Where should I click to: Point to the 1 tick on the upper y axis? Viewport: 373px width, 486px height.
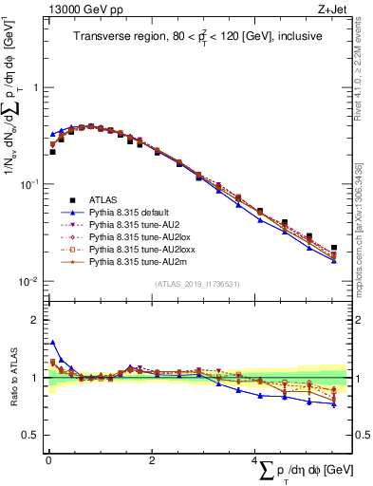click(x=34, y=87)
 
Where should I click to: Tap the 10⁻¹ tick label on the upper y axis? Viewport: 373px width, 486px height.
click(x=28, y=184)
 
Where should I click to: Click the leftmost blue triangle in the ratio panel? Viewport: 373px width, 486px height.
click(x=53, y=343)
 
